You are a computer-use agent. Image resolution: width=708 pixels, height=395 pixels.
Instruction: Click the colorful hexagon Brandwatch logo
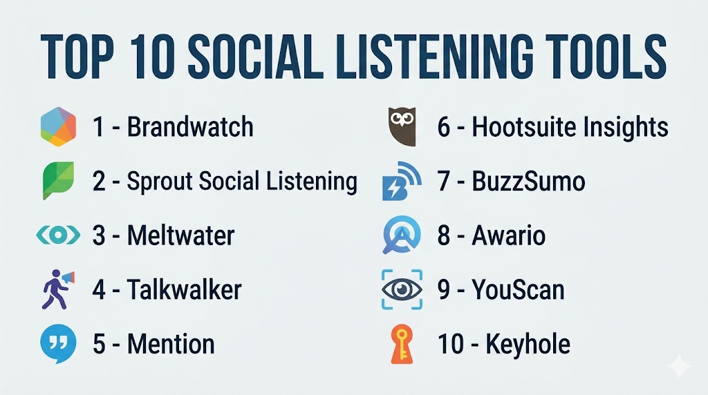(58, 126)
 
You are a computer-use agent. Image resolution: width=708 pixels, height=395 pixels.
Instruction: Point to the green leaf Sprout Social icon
(58, 180)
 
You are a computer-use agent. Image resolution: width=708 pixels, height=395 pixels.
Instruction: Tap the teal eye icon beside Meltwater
(58, 235)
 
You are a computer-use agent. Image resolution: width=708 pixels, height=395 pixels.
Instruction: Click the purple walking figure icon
(58, 289)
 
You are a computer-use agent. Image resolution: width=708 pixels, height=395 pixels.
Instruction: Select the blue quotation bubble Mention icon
(58, 344)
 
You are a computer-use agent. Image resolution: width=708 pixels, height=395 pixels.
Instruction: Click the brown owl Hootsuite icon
(402, 126)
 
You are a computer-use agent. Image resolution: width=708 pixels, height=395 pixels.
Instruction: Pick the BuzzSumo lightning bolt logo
(402, 181)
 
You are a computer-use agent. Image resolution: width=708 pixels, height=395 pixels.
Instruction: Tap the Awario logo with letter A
(402, 235)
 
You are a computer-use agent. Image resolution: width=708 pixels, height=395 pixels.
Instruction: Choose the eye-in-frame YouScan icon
(402, 289)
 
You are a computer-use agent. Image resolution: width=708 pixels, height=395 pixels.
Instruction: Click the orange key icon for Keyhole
(402, 344)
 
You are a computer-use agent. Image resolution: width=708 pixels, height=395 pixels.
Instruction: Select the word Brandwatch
(190, 126)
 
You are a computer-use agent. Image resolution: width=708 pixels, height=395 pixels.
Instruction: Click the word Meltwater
(180, 235)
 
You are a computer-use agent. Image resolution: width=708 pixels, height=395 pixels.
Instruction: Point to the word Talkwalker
(184, 289)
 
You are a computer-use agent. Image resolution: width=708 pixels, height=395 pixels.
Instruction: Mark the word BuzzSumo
(528, 181)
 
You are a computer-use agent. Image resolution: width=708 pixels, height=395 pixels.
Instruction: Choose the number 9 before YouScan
(443, 289)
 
